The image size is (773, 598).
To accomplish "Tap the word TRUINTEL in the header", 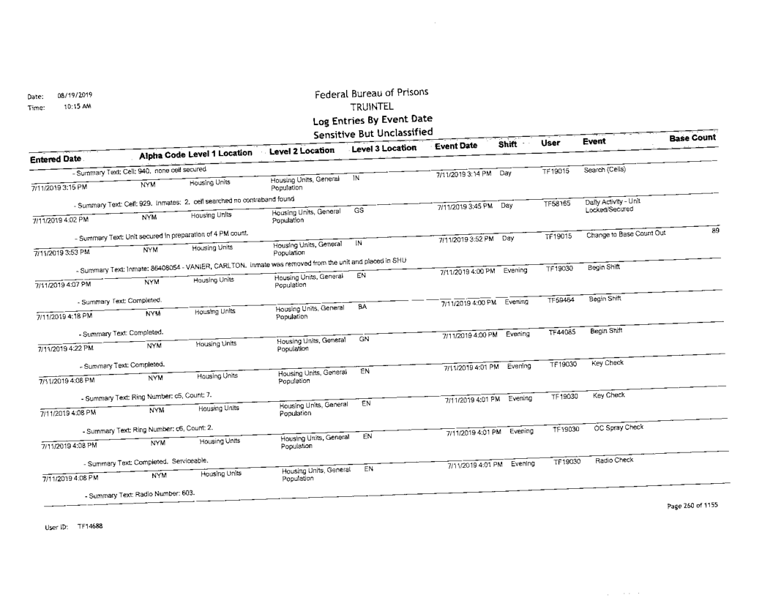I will click(x=372, y=108).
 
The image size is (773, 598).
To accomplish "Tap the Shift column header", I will click(x=508, y=145).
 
